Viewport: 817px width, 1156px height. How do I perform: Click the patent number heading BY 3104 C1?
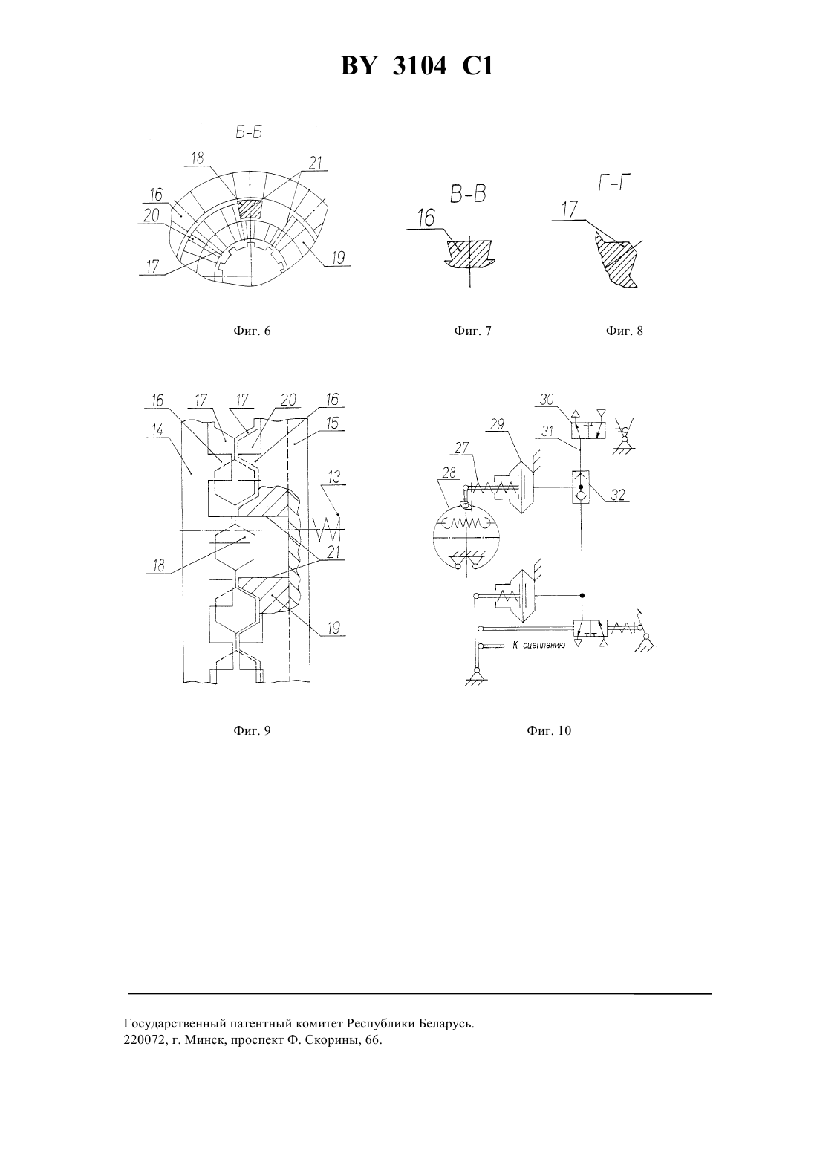point(417,67)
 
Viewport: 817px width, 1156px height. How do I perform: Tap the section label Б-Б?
point(249,133)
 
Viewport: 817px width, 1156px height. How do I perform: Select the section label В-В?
point(468,194)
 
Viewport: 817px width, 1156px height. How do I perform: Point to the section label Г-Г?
point(615,183)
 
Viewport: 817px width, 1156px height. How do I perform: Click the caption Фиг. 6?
point(252,331)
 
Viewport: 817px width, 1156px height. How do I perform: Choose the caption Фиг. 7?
point(472,331)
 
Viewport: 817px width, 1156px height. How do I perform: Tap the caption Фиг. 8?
point(624,331)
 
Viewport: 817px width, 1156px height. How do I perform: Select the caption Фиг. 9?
point(252,730)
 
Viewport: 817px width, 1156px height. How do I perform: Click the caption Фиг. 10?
point(549,730)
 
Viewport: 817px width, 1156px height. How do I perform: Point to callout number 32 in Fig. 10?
point(617,495)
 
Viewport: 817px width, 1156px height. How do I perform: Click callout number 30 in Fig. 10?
point(547,400)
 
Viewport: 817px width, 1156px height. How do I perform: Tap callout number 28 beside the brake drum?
point(449,473)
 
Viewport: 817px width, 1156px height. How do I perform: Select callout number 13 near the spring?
point(334,477)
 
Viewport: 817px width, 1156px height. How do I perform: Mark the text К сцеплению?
point(539,645)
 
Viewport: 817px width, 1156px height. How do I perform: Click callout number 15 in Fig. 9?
point(333,423)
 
